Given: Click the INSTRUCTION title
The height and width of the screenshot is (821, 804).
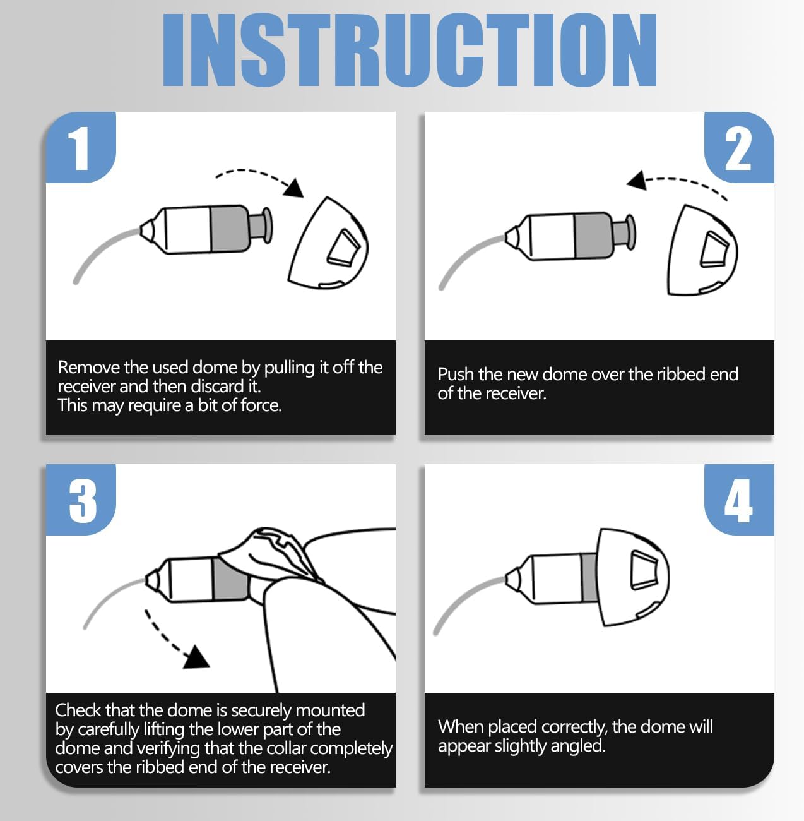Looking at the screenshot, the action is coord(410,51).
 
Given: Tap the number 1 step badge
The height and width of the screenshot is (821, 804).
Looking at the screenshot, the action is coord(81,147).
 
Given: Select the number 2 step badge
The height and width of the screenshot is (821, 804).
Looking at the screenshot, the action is coord(739,147).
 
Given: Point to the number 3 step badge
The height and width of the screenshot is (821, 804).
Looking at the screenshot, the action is coord(81,500).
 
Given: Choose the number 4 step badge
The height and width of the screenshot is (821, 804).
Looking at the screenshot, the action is coord(739,500).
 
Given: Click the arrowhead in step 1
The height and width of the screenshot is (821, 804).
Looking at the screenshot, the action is coord(294,188).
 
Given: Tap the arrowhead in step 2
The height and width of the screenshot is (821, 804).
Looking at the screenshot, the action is coord(637,181).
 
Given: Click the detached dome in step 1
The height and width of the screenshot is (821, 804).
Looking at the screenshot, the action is coord(328,243).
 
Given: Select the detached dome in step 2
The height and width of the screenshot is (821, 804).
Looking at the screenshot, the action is coord(702,250).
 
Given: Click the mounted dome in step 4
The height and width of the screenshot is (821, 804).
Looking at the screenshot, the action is coord(634,577).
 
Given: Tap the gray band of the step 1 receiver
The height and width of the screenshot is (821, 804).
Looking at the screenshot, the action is coord(229,229).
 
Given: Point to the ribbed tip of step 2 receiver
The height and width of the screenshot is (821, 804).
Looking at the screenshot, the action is coord(624,233).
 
